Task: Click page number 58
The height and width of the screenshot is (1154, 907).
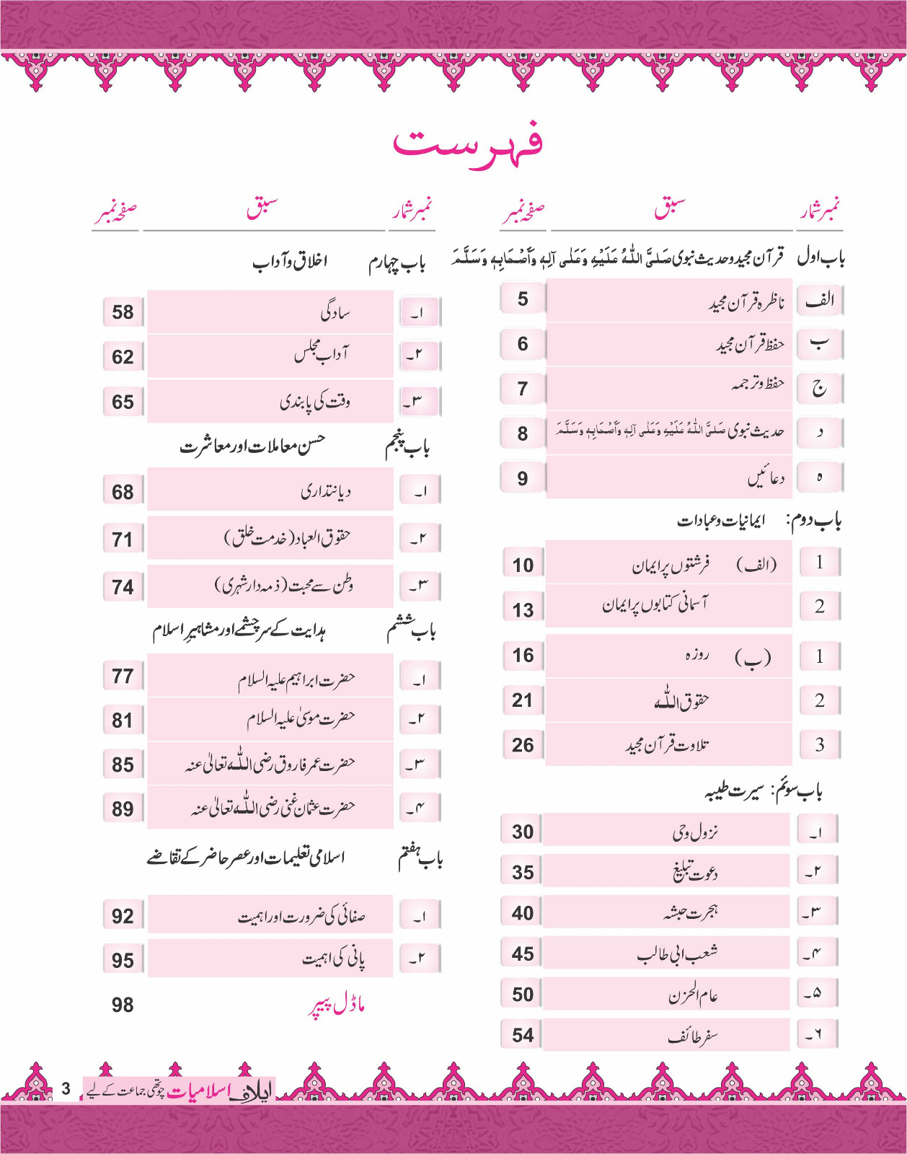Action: coord(123,312)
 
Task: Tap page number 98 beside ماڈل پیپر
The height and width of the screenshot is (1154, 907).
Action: coord(123,1005)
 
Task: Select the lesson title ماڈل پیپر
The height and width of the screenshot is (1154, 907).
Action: coord(337,1005)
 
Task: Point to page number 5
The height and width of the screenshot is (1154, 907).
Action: coord(523,299)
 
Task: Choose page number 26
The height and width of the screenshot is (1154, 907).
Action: coord(523,745)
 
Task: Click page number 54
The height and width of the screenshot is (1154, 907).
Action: coord(523,1036)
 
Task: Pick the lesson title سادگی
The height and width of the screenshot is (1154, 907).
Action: coord(335,313)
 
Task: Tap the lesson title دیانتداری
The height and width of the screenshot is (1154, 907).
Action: coord(325,492)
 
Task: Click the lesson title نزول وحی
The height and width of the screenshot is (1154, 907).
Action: coord(695,832)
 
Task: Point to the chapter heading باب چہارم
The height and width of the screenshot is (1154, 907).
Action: coord(397,263)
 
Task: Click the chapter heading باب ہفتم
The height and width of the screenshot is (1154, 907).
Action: coord(420,858)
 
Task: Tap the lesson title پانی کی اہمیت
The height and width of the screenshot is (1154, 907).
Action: coord(333,959)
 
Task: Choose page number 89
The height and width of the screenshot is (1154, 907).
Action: coord(123,809)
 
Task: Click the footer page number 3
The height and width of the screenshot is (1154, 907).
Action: coord(66,1089)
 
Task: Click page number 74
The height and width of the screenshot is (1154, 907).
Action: coord(123,588)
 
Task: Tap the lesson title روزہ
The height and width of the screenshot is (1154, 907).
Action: coord(696,655)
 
